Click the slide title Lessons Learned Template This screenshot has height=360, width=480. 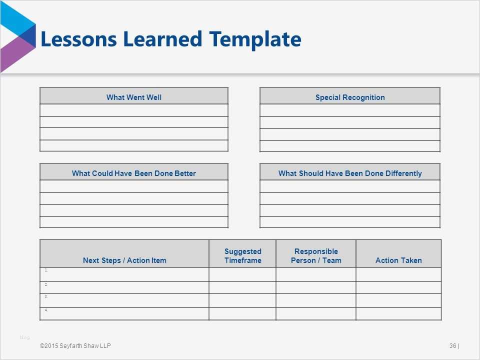click(170, 39)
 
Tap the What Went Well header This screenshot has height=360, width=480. click(133, 97)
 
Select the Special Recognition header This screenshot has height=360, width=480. click(350, 97)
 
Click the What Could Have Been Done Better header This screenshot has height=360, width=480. click(133, 173)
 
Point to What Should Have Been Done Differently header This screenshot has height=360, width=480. click(350, 173)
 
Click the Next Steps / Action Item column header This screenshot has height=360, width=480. click(124, 260)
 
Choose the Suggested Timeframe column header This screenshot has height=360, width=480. click(242, 255)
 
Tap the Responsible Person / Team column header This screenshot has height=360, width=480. click(316, 255)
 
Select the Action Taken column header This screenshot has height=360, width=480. click(398, 260)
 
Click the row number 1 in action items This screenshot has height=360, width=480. click(46, 270)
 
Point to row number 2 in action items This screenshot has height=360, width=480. click(46, 284)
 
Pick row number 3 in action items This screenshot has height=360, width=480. click(46, 296)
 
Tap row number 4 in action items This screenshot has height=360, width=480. click(46, 309)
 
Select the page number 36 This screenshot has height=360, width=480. click(453, 346)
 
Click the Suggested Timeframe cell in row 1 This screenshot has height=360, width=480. click(242, 274)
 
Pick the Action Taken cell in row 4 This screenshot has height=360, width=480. click(398, 313)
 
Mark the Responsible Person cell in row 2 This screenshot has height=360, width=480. click(316, 287)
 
